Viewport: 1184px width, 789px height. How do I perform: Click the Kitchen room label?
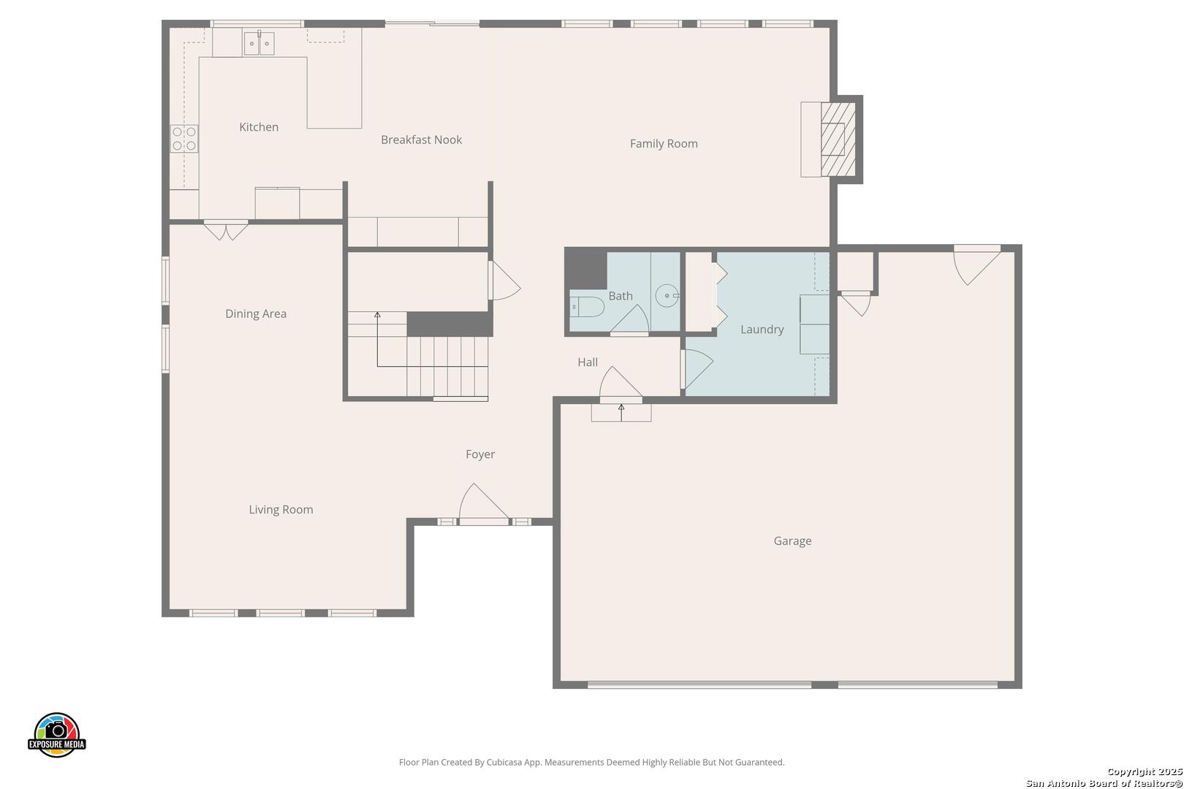(x=259, y=127)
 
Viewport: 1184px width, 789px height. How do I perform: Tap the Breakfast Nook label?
(x=421, y=140)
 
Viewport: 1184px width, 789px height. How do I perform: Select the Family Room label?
(x=664, y=144)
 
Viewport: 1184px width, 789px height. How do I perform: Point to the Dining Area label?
(x=256, y=314)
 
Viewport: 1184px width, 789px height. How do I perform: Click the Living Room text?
(x=281, y=509)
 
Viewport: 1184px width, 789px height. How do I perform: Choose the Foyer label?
(x=480, y=454)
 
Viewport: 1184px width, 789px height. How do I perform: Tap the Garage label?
(x=792, y=541)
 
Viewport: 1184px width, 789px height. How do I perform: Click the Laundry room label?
(x=762, y=329)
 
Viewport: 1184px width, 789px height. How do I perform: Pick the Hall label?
(x=587, y=362)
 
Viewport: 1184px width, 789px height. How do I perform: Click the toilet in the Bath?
(x=587, y=307)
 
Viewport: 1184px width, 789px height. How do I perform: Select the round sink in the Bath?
(x=667, y=296)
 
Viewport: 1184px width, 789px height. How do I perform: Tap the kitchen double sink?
(x=259, y=43)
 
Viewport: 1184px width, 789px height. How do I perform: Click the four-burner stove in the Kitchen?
(x=184, y=139)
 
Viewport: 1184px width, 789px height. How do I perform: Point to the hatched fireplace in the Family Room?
(x=838, y=140)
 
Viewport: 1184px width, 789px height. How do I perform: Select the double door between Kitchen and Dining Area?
(x=226, y=230)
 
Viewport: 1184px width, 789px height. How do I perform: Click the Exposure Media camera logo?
(x=56, y=734)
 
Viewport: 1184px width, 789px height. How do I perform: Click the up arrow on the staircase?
(x=377, y=339)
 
